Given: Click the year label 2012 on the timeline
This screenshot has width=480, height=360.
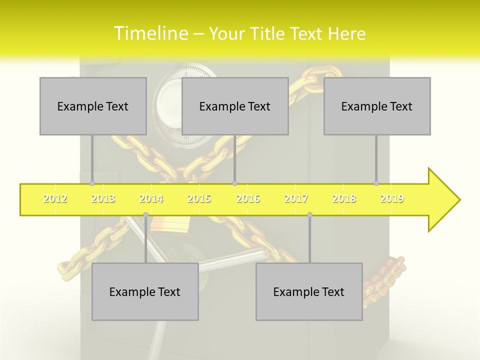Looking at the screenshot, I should (x=55, y=198).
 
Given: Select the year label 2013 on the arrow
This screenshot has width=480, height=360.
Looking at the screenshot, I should (x=103, y=198).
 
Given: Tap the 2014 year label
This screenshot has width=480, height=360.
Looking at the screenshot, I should (x=151, y=198).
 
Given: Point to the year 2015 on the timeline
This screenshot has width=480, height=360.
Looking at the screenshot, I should (x=199, y=198).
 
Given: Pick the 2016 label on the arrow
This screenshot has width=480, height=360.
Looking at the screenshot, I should (x=248, y=198).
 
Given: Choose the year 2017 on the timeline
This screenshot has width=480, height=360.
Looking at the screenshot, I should (x=296, y=198).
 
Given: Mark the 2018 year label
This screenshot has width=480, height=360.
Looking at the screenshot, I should (x=344, y=198).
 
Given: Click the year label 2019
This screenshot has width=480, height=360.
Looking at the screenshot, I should (x=392, y=198).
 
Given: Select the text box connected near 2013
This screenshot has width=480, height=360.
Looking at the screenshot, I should (x=93, y=106).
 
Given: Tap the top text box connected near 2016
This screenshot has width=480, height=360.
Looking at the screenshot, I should (x=235, y=106).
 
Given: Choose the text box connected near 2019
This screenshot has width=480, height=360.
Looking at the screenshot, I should (x=377, y=106).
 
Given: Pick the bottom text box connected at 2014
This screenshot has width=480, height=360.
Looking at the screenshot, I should (x=145, y=291).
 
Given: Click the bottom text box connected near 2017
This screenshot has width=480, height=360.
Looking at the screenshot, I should (x=309, y=291).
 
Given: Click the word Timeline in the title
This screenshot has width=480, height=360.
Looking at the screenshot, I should (x=149, y=33).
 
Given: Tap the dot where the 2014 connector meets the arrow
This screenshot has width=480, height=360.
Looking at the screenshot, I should (x=145, y=215).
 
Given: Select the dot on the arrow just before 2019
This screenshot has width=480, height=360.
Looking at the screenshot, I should (x=376, y=183).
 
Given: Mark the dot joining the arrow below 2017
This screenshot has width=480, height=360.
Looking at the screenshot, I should (x=309, y=215).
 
